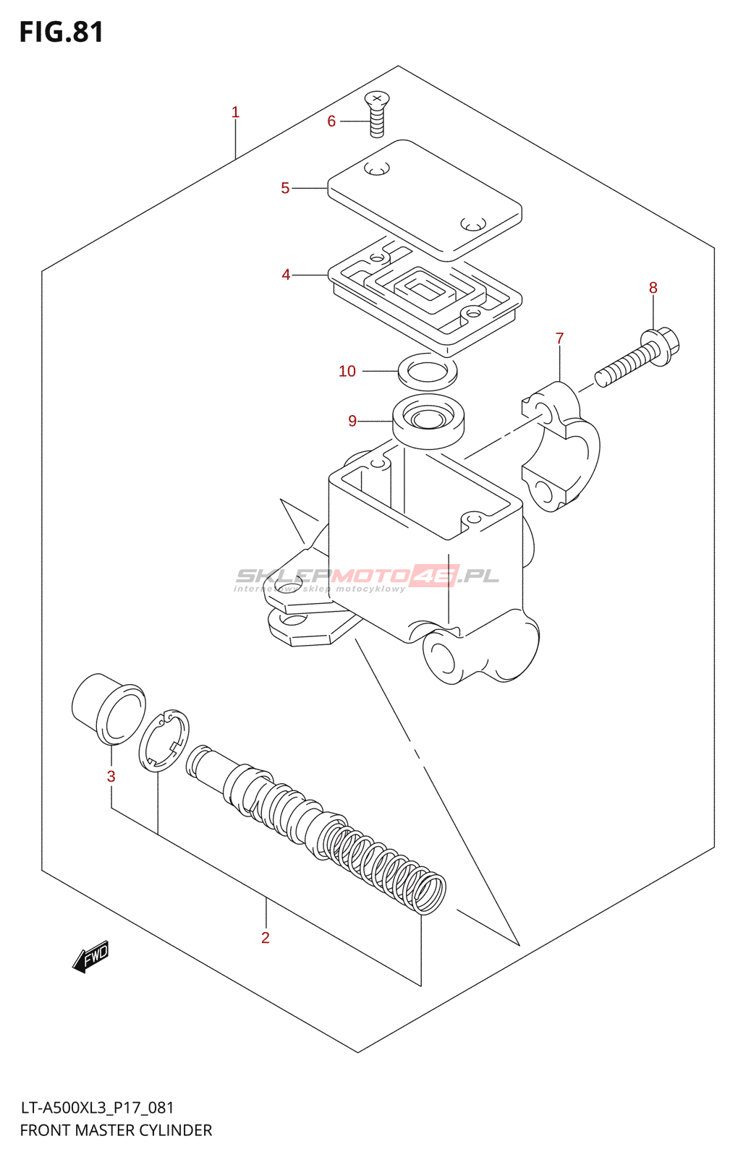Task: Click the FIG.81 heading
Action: click(61, 33)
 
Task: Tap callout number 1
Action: click(235, 112)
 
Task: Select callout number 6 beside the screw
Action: click(331, 121)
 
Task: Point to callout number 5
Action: click(285, 188)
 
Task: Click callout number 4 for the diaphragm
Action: click(286, 275)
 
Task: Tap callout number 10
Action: click(347, 371)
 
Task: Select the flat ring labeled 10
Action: click(428, 370)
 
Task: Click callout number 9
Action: click(352, 421)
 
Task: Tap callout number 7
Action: click(559, 338)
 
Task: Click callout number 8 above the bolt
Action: click(653, 288)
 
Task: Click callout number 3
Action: click(111, 777)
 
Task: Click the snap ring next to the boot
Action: click(164, 740)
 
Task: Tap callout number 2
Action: click(266, 938)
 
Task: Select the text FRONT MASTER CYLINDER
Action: click(116, 1130)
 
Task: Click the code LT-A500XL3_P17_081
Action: click(97, 1108)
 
